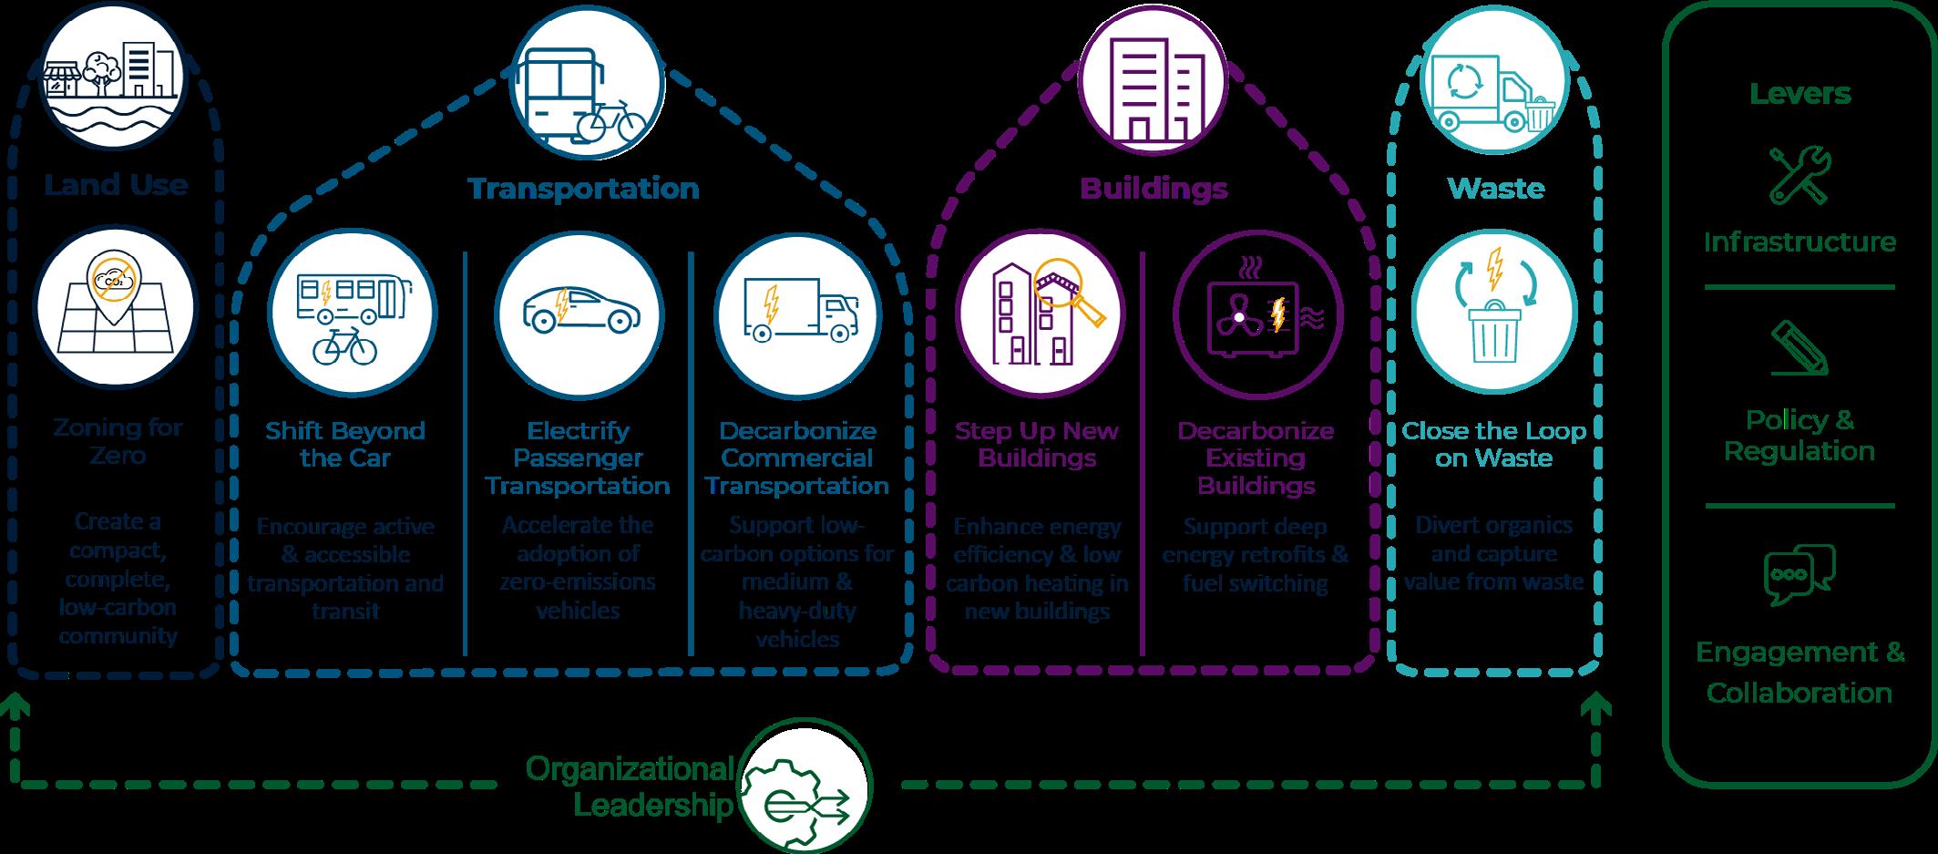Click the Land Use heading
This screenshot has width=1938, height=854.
point(116,185)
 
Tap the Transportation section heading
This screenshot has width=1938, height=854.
point(583,189)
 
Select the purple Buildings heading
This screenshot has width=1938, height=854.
point(1154,189)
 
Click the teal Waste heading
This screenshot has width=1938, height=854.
point(1495,189)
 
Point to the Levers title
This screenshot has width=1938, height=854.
point(1800,93)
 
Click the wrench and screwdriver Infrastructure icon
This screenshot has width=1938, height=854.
point(1799,175)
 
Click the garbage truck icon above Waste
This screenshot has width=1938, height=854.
point(1493,92)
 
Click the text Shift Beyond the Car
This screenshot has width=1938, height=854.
point(344,444)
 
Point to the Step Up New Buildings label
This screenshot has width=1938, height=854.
point(1036,444)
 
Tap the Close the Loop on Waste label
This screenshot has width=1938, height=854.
point(1493,444)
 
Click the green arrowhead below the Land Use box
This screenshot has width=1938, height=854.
point(18,705)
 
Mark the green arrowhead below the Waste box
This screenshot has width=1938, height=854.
point(1595,707)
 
